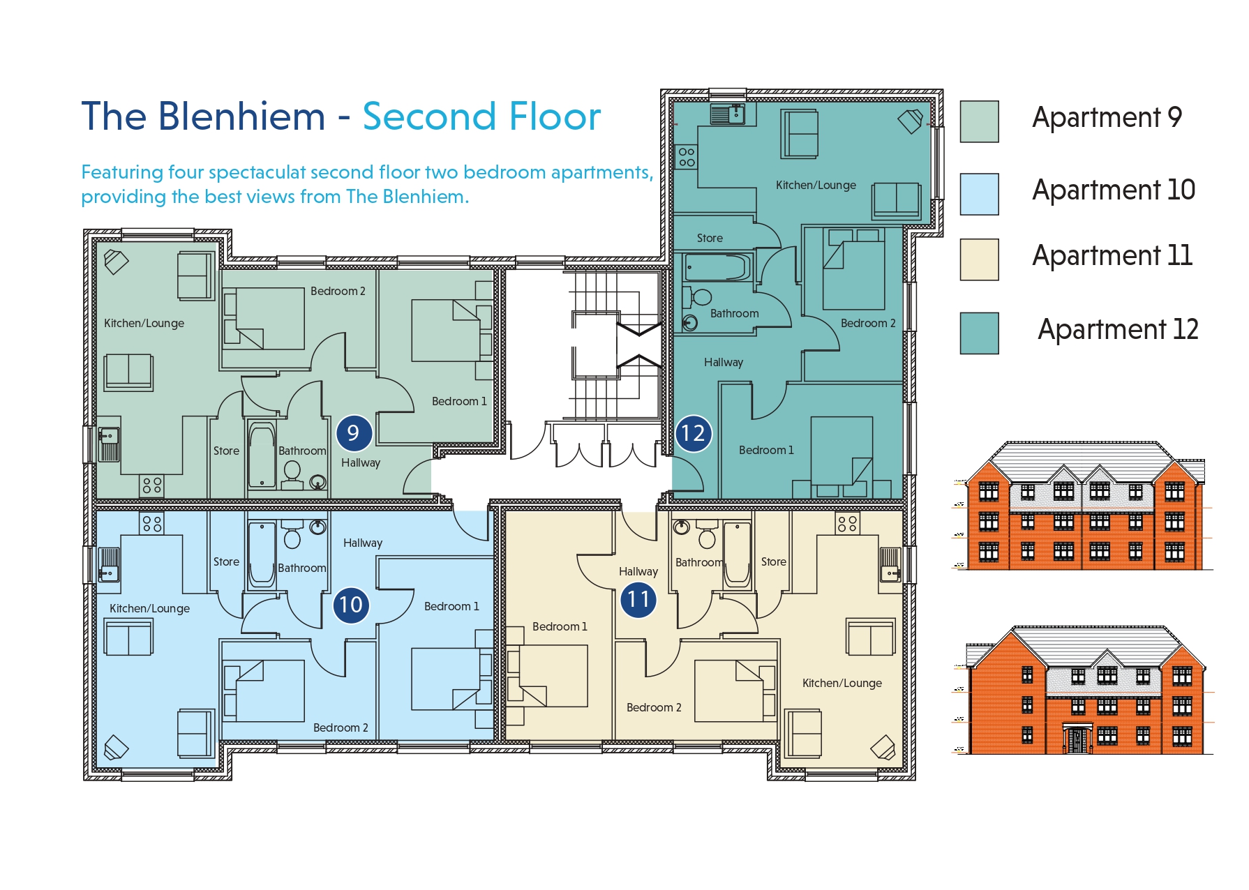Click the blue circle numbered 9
353,433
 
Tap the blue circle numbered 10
351,604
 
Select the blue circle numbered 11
638,599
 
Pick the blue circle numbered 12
693,433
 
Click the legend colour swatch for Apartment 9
979,121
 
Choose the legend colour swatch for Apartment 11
979,259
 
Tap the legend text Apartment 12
1118,329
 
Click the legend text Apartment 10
1114,190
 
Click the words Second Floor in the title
481,116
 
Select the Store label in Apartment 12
710,239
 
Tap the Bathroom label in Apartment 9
302,451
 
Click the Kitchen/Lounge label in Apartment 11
842,684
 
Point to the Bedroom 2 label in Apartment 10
341,728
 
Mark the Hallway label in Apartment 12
724,363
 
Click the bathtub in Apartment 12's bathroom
718,266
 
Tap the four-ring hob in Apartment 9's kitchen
152,485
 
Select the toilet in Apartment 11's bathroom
707,537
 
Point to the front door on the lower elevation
1077,740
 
